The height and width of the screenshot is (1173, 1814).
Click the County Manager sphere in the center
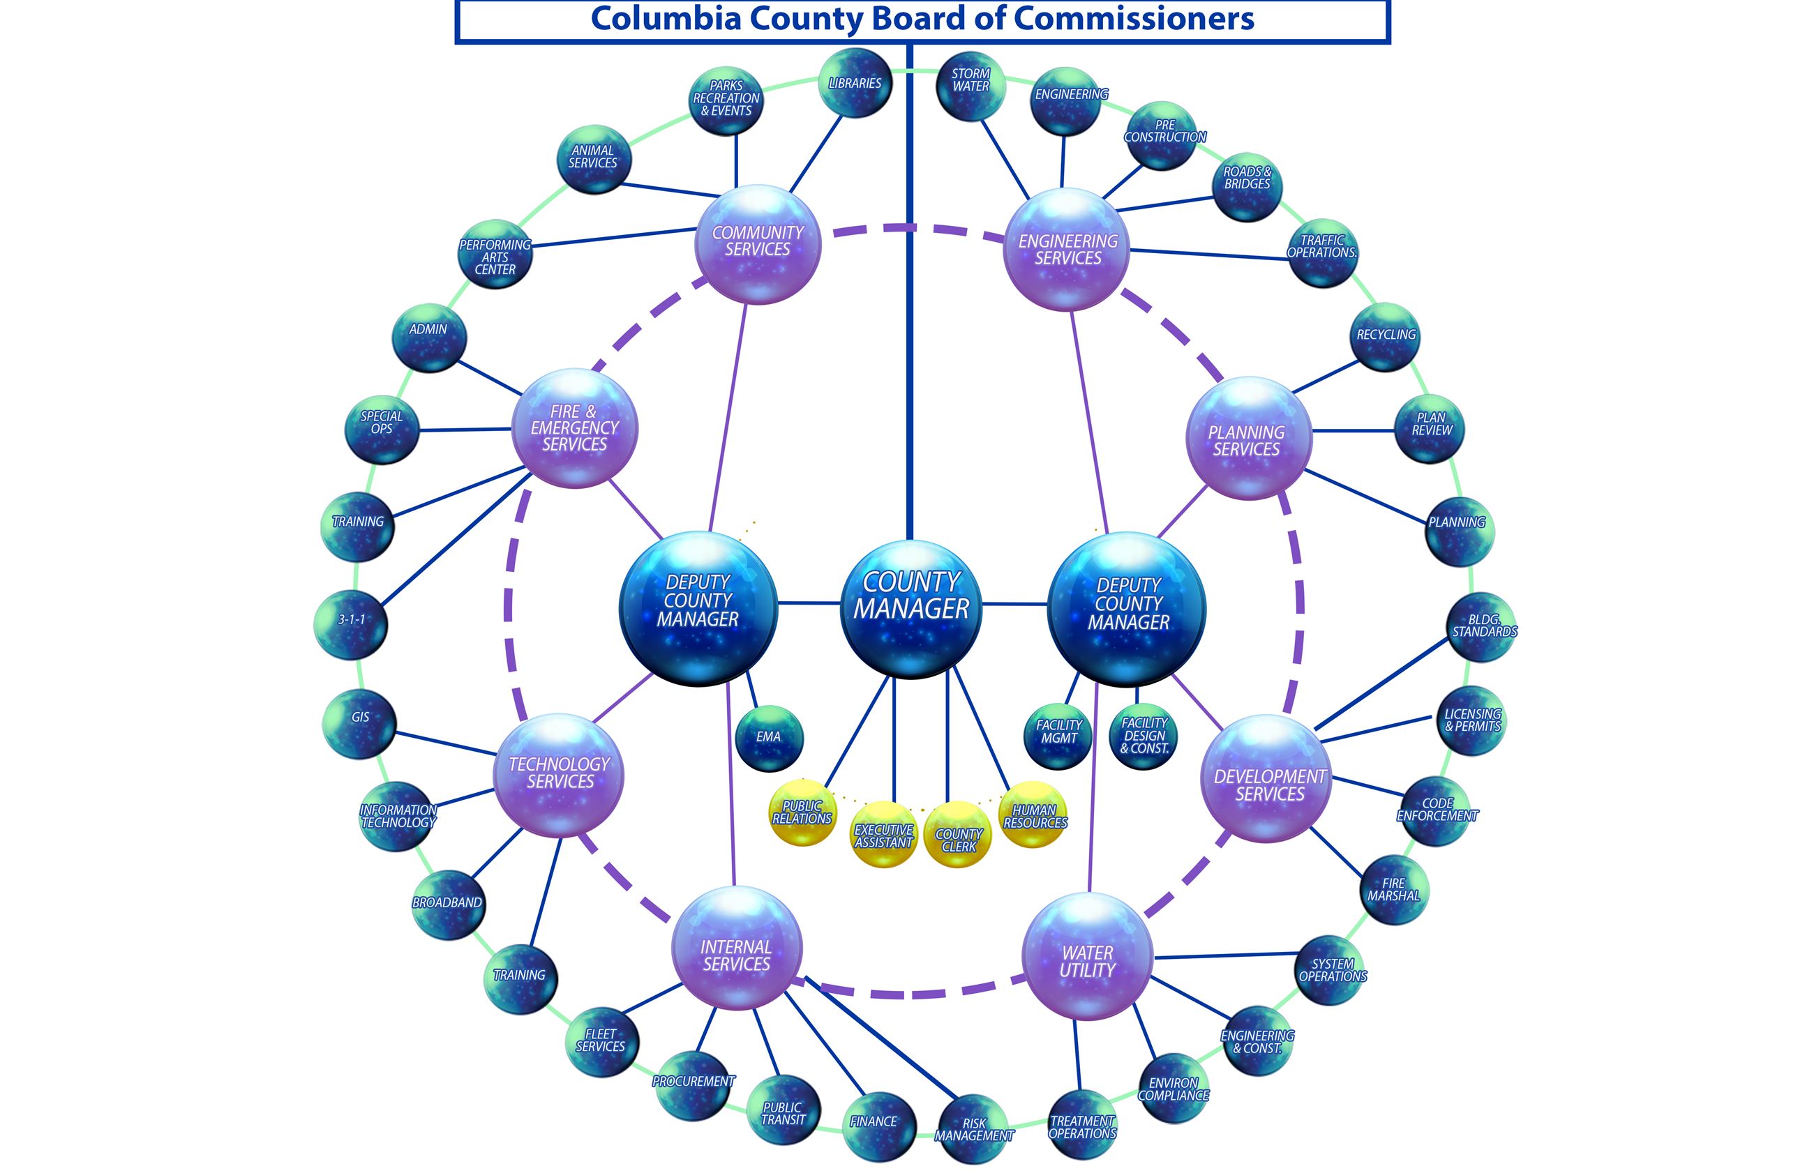tap(910, 608)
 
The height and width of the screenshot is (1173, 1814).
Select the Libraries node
tap(855, 83)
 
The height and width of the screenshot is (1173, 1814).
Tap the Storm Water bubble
tap(970, 85)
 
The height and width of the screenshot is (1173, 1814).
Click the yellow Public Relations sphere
tap(802, 812)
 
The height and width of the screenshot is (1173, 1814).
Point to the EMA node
tap(769, 737)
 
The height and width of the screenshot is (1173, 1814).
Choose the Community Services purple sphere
tap(757, 244)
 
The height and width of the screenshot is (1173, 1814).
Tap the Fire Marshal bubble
tap(1393, 890)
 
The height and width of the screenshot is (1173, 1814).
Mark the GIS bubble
tap(359, 722)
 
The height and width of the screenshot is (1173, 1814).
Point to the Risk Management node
tap(974, 1128)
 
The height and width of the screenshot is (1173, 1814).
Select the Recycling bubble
tap(1385, 337)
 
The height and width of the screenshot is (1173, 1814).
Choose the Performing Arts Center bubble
tap(495, 255)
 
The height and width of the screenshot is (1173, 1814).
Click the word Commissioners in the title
tap(1134, 18)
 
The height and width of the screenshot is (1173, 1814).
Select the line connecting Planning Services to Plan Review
tap(1353, 431)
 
